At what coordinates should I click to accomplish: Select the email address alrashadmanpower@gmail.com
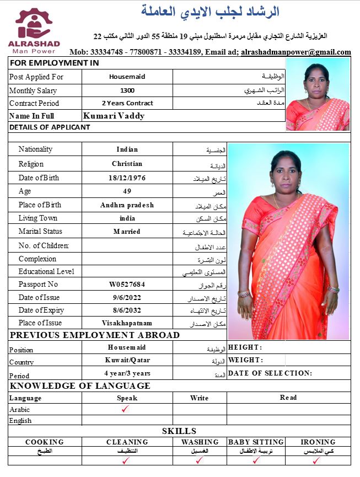(296, 52)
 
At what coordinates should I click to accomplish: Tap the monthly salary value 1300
(127, 90)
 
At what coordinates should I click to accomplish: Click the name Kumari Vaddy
(114, 116)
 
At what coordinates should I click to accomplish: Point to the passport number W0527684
(127, 285)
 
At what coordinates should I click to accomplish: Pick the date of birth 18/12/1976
(127, 178)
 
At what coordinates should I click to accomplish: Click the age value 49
(127, 191)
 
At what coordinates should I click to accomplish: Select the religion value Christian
(127, 164)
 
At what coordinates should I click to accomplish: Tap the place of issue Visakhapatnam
(127, 323)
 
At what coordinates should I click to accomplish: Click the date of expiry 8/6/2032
(127, 310)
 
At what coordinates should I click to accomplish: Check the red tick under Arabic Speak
(127, 409)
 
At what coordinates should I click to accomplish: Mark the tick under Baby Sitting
(255, 460)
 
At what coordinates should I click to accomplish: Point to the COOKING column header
(45, 442)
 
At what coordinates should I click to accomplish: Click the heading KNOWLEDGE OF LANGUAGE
(80, 386)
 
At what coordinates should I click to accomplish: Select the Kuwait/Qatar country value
(127, 360)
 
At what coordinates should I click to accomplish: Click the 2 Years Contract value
(127, 103)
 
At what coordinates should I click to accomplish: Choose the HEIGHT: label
(245, 347)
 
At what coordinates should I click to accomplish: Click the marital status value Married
(127, 232)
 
